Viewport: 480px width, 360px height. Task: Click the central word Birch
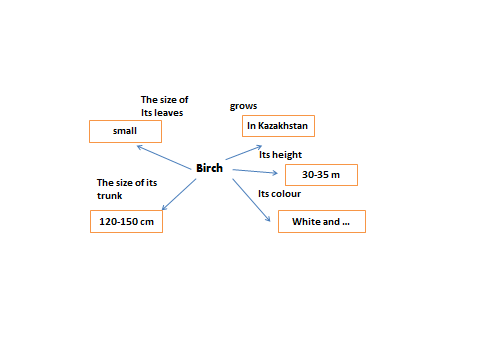[209, 168]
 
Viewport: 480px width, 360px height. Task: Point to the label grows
[243, 106]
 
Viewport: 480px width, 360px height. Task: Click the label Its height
[280, 155]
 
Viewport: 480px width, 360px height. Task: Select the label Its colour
[280, 194]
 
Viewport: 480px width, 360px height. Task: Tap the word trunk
[110, 196]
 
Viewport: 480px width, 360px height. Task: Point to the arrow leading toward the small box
[164, 157]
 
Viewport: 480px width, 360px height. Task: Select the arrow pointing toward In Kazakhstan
[244, 153]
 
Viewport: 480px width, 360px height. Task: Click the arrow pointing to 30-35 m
[255, 171]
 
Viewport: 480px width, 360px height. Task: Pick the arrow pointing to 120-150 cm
[179, 194]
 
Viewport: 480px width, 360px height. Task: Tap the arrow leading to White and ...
[251, 200]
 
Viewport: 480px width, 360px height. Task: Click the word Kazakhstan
[283, 126]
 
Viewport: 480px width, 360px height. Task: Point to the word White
[306, 222]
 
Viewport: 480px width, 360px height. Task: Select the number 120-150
[118, 222]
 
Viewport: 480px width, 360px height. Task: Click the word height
[287, 155]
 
